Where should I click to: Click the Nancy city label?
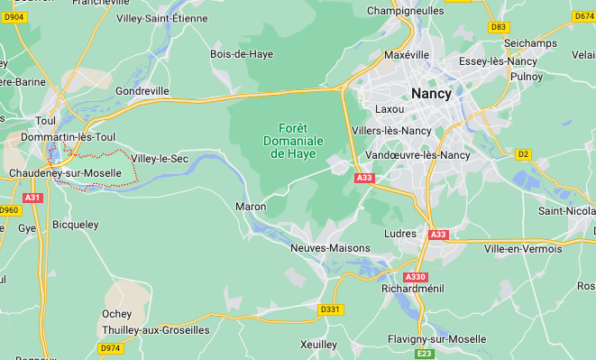(430, 93)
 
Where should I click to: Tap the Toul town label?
(45, 120)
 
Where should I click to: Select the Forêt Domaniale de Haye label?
(293, 141)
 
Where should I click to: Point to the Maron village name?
(251, 207)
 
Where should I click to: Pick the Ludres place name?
(400, 233)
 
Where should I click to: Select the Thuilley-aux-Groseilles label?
(156, 329)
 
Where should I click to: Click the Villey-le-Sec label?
(160, 159)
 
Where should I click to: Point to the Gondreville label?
(142, 91)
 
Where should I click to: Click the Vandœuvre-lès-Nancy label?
(424, 154)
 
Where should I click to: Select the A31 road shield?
(33, 197)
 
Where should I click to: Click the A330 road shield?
(415, 276)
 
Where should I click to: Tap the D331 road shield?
(331, 309)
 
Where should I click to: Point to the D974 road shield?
(111, 347)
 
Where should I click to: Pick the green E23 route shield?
(425, 354)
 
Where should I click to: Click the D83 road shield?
(499, 27)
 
